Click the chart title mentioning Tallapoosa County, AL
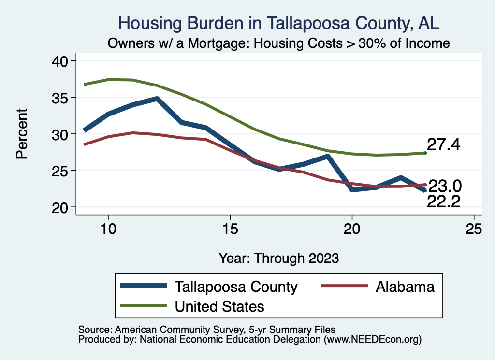279,23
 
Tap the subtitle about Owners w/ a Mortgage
279,43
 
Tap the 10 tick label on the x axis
108,229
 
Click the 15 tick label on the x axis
230,229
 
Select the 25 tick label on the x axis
474,229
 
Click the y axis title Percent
22,133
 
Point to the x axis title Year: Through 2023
278,258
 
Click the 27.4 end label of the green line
443,144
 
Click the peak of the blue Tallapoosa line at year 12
157,99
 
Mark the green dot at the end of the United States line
425,153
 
